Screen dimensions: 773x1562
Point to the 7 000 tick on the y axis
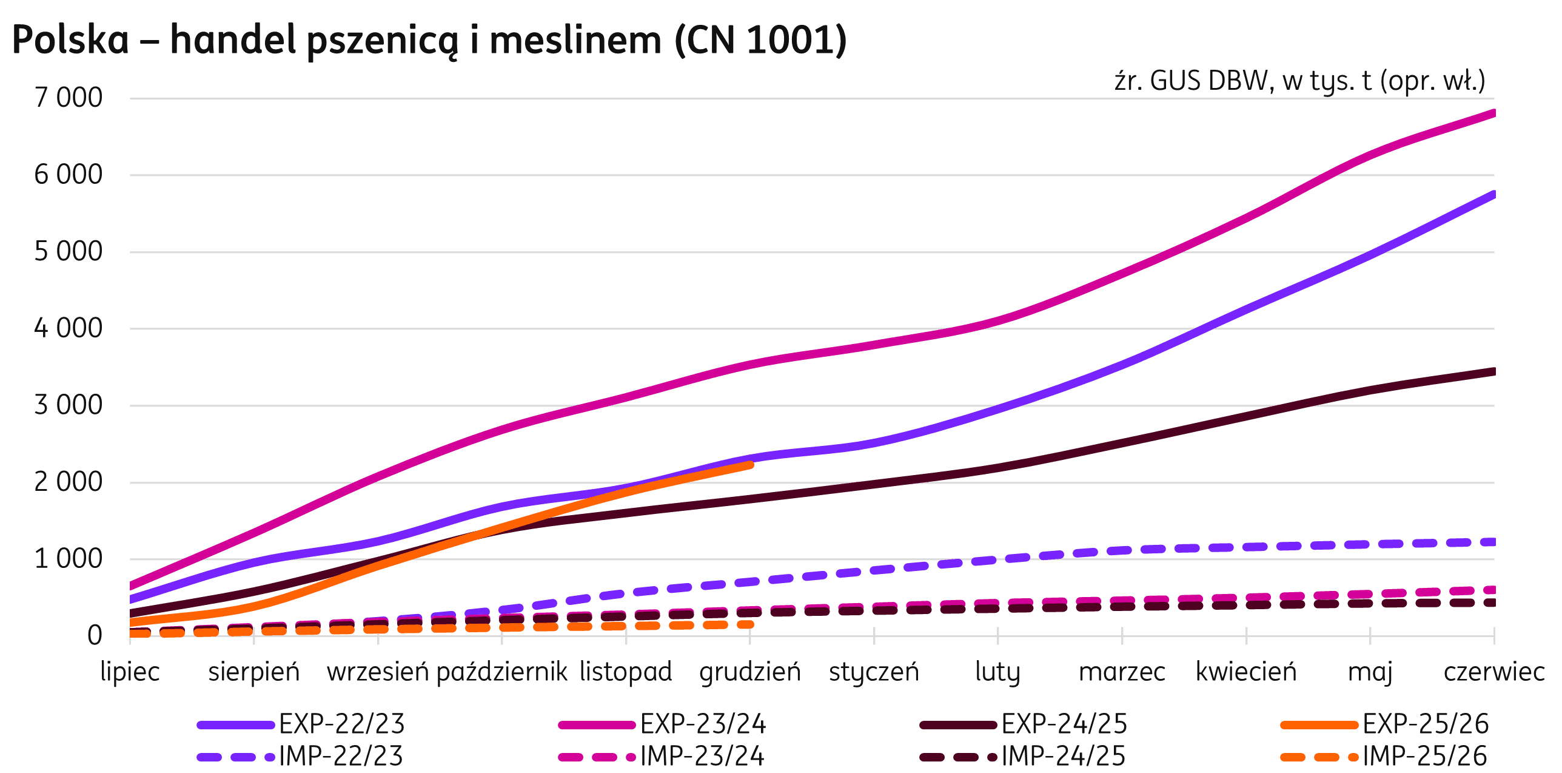pyautogui.click(x=69, y=98)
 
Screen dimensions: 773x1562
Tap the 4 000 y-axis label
pyautogui.click(x=69, y=328)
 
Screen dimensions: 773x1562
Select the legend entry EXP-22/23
pyautogui.click(x=341, y=724)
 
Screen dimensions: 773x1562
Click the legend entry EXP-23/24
pyautogui.click(x=703, y=724)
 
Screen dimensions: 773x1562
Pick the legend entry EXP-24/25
pyautogui.click(x=1064, y=724)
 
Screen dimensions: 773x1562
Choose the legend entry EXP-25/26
pyautogui.click(x=1426, y=724)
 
